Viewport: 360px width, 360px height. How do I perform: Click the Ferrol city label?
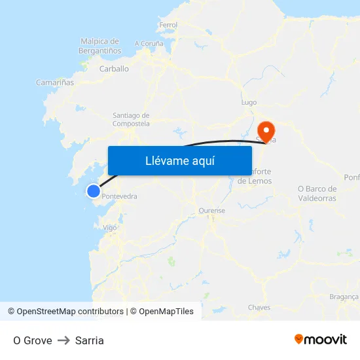[x=168, y=25]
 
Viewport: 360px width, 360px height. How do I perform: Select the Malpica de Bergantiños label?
[x=99, y=45]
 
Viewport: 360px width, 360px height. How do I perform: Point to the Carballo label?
[x=114, y=68]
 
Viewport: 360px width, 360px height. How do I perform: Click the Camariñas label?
[x=55, y=83]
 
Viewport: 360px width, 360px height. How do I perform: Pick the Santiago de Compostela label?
[x=131, y=118]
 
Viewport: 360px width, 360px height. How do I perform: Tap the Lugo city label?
[x=249, y=103]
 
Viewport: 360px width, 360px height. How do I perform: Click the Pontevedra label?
[x=120, y=196]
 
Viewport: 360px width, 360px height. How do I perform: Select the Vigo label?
[x=110, y=227]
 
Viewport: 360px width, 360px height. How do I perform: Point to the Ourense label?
[x=211, y=211]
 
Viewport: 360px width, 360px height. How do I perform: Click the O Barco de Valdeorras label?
[x=317, y=193]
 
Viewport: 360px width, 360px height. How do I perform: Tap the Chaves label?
[x=259, y=307]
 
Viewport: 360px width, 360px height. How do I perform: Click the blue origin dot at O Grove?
[x=94, y=191]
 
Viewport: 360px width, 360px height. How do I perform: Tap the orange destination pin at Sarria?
[x=266, y=129]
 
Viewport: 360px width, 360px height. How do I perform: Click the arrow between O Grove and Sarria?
[x=63, y=340]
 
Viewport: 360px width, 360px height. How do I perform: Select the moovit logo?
[x=320, y=339]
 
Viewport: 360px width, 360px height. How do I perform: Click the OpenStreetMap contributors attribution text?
[x=65, y=312]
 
